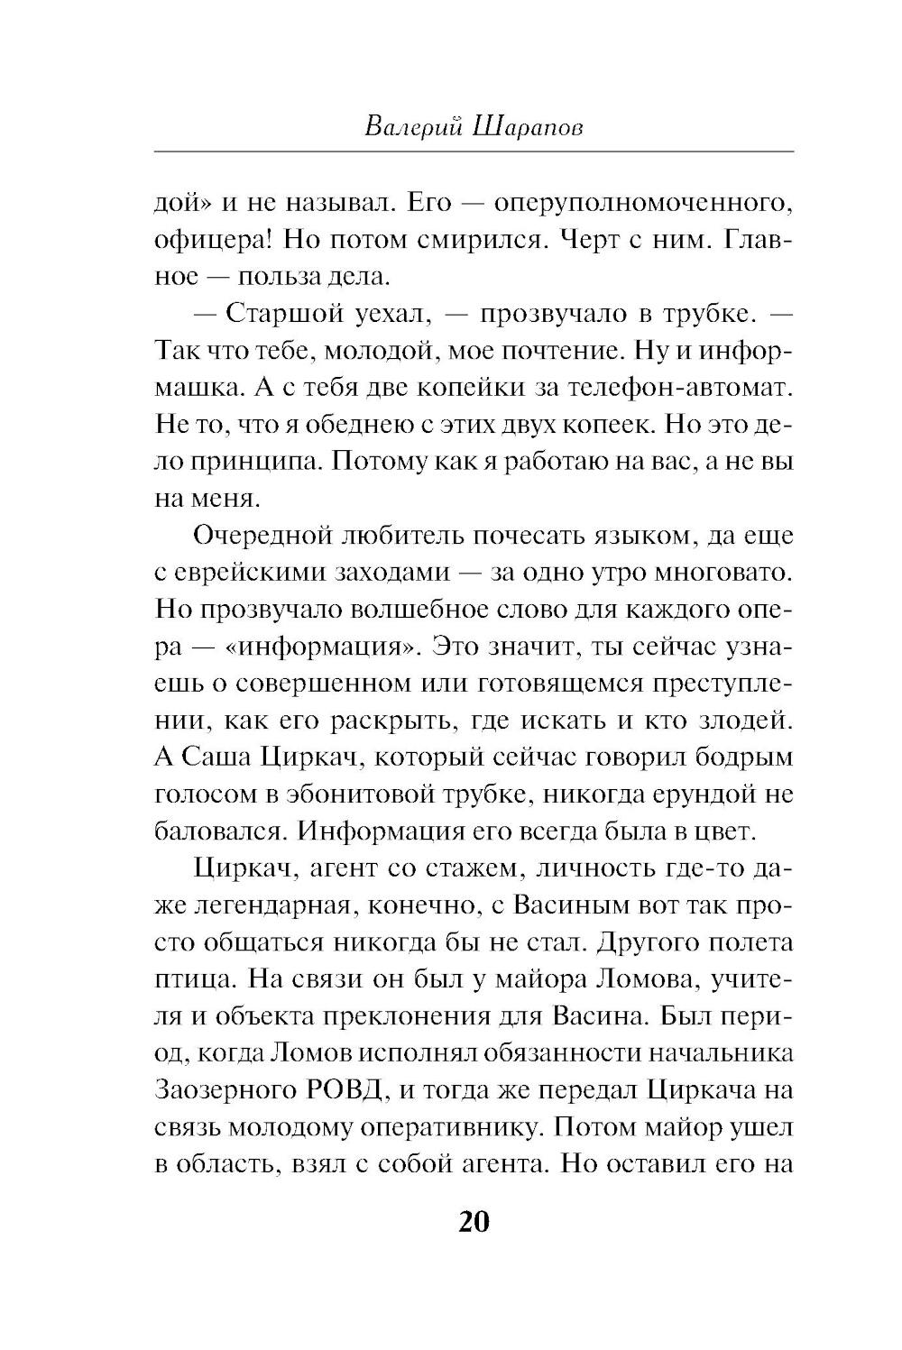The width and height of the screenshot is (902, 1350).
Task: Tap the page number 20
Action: [x=474, y=1222]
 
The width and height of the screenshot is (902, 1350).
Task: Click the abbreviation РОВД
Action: [x=342, y=1090]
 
